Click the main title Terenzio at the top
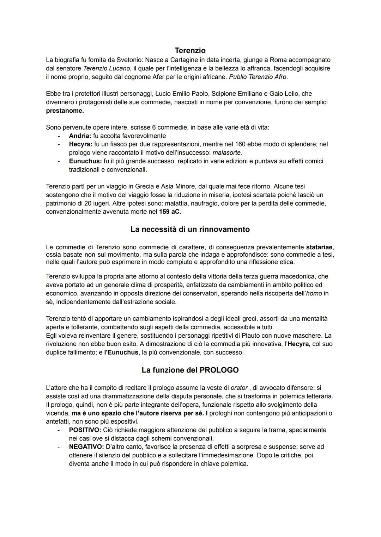click(x=190, y=50)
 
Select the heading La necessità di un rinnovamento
click(x=190, y=229)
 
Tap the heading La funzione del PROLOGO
click(x=190, y=370)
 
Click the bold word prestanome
click(x=65, y=111)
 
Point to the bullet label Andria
click(x=80, y=136)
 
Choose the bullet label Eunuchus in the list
click(x=85, y=161)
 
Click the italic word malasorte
click(x=227, y=153)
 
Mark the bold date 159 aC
click(x=170, y=212)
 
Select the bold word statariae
click(x=320, y=247)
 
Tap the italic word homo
click(x=314, y=293)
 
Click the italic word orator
click(x=239, y=388)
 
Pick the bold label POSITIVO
click(x=85, y=430)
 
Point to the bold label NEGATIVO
click(x=86, y=447)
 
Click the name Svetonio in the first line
click(x=128, y=60)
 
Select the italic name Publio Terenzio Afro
click(x=258, y=77)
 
